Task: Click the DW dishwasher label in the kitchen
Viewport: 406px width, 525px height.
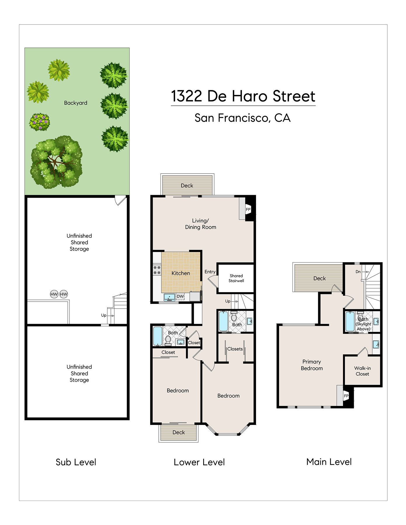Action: pos(180,296)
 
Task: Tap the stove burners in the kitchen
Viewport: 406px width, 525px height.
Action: pos(157,270)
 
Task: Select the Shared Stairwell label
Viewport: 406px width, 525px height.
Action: pos(236,278)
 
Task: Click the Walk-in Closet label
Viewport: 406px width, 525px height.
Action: pos(363,371)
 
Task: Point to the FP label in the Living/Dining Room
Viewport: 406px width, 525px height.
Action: pos(248,209)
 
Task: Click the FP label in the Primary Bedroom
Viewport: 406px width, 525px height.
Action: pos(346,396)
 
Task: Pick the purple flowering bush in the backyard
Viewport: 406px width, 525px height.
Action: pos(39,122)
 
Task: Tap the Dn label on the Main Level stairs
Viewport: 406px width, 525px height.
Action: pos(358,272)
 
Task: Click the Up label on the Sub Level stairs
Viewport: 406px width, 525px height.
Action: pos(104,315)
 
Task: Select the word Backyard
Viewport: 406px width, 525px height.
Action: pos(76,103)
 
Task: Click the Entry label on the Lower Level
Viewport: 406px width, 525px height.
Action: pos(210,272)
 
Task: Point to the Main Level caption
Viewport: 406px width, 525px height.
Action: pos(329,462)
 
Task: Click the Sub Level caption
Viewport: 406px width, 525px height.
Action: pos(76,462)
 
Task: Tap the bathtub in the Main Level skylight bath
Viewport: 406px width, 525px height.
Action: pos(350,321)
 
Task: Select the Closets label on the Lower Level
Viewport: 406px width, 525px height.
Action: pos(235,349)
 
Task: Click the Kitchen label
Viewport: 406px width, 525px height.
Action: pos(181,273)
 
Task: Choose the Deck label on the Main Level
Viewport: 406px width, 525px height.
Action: pos(320,278)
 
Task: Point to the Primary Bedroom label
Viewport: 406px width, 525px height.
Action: pos(312,365)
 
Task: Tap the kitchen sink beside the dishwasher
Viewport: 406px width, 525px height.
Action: pos(169,297)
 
